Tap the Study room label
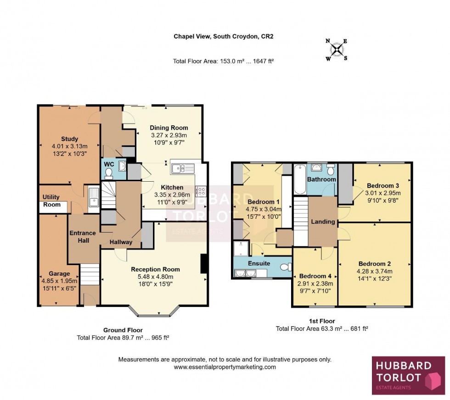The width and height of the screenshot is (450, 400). [x=69, y=139]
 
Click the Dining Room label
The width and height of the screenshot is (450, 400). [x=169, y=128]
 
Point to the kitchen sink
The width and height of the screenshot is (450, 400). [x=183, y=168]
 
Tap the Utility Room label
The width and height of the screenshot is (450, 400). [x=51, y=201]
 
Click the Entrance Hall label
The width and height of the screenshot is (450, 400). [x=83, y=236]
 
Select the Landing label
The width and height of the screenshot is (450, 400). [x=323, y=222]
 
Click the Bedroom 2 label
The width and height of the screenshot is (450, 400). [x=374, y=264]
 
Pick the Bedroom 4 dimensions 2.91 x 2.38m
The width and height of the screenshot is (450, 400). [x=315, y=283]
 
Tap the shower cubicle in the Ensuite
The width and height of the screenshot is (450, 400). [x=240, y=249]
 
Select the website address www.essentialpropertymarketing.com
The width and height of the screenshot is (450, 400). [x=225, y=367]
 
